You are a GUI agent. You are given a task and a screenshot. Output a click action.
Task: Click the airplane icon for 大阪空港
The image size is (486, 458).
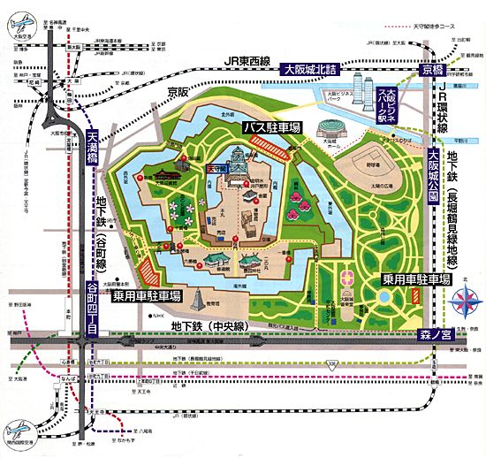pyautogui.click(x=24, y=23)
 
